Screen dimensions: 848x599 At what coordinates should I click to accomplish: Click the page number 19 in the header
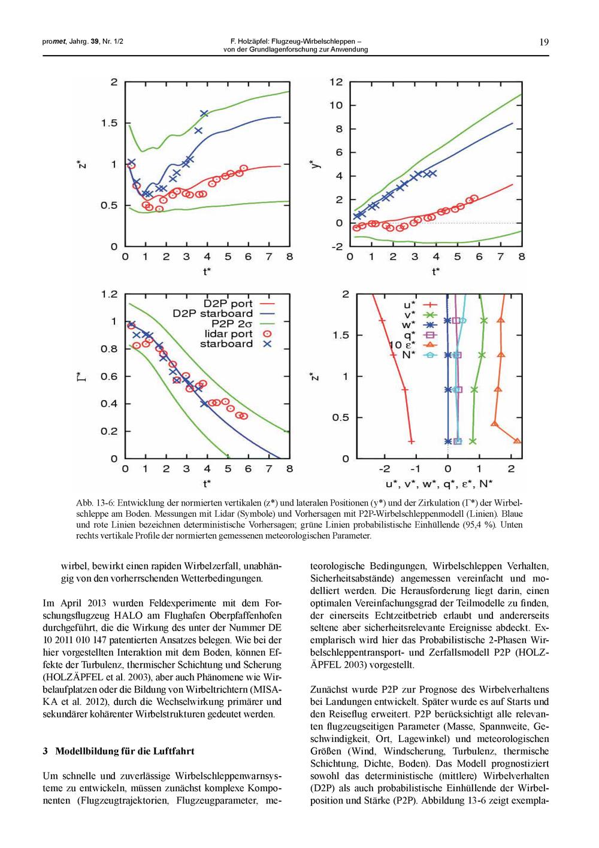pyautogui.click(x=544, y=42)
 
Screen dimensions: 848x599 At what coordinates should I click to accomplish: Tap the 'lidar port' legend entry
pyautogui.click(x=228, y=334)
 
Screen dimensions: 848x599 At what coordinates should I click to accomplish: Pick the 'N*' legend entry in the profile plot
pyautogui.click(x=409, y=355)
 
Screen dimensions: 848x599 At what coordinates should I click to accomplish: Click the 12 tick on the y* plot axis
pyautogui.click(x=336, y=82)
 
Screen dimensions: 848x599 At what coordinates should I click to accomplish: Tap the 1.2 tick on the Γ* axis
pyautogui.click(x=110, y=294)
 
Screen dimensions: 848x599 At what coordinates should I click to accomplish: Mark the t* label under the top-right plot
pyautogui.click(x=436, y=272)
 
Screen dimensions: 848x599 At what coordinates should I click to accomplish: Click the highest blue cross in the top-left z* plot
pyautogui.click(x=204, y=113)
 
